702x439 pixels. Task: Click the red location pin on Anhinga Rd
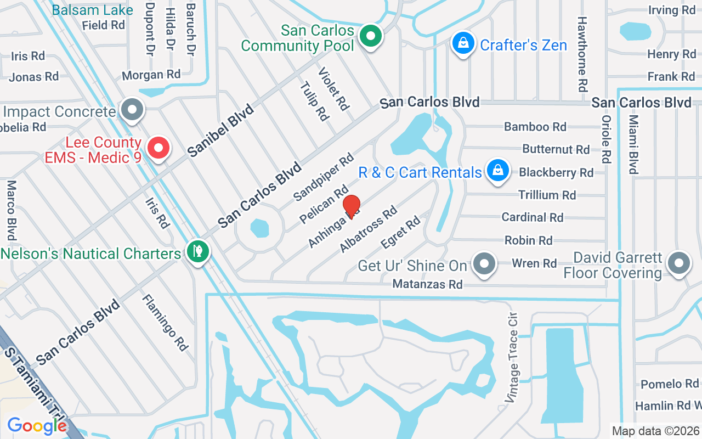(352, 207)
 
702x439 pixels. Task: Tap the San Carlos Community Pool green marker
(371, 37)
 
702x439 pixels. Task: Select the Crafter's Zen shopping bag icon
(463, 43)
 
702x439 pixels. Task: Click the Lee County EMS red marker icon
(158, 148)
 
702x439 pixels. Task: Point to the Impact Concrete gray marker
(131, 110)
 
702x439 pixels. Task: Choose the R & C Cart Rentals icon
(497, 171)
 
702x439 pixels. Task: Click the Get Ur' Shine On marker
(484, 264)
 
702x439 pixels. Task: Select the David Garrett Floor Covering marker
(678, 264)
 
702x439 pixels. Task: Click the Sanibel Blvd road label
(221, 131)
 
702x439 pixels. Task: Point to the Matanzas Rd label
(427, 284)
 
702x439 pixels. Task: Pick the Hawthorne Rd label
(582, 54)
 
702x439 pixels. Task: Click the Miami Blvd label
(633, 144)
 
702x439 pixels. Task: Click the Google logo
(37, 425)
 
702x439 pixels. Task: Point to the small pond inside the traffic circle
(259, 228)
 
